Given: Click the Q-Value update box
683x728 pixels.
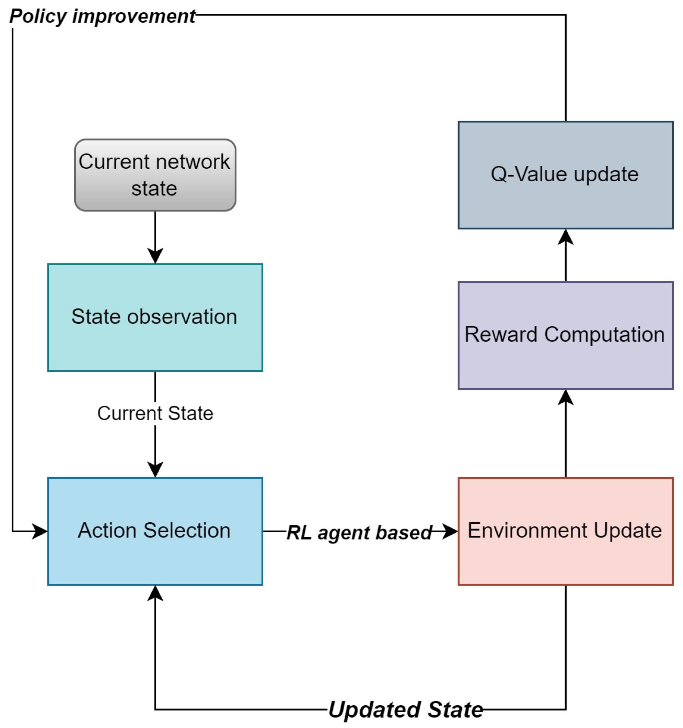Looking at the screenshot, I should tap(565, 175).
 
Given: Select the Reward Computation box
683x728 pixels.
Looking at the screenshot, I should tap(565, 336).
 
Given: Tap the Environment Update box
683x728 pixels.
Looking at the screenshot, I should tap(565, 531).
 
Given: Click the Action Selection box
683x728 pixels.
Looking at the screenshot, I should tap(155, 531).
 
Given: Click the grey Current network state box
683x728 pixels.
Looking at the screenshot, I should tap(155, 175).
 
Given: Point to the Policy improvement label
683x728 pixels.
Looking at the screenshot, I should tap(102, 16).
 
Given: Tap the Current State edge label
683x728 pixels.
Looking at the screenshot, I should tap(155, 413).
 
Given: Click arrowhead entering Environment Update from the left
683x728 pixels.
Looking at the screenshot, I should tap(449, 531).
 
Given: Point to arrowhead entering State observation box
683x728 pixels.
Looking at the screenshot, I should tap(155, 255).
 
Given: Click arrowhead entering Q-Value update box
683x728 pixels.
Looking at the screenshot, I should tap(565, 237).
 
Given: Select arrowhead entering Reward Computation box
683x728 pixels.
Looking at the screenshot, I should tap(565, 398).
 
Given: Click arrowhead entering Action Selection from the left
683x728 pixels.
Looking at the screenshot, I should tap(39, 531).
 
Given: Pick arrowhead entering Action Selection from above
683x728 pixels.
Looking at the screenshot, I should tap(155, 469).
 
